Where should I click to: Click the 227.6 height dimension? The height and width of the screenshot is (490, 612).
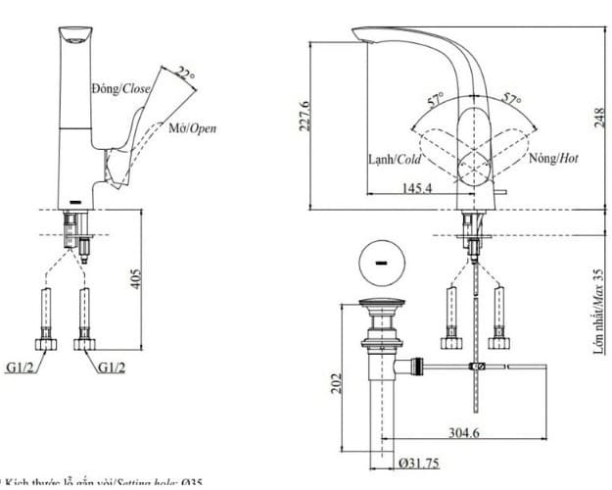[x=305, y=116]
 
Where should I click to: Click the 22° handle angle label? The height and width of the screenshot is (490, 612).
[x=186, y=72]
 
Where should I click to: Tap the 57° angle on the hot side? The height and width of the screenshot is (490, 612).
[x=511, y=99]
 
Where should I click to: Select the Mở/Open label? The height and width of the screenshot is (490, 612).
[x=192, y=128]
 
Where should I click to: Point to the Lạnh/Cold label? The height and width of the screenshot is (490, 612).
[x=395, y=158]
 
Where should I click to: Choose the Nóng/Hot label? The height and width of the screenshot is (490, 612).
[x=553, y=158]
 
